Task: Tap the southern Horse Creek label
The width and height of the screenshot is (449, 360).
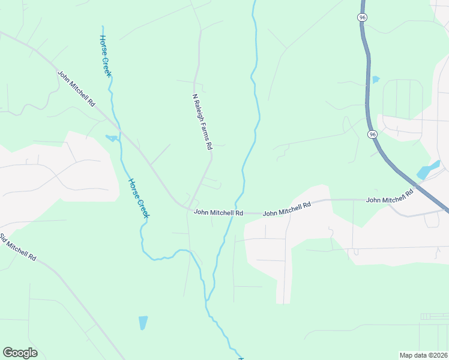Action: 138,197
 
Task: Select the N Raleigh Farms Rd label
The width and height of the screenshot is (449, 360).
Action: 202,121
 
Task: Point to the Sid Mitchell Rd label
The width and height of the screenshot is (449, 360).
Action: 19,246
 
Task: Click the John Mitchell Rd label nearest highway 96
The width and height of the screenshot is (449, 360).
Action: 390,196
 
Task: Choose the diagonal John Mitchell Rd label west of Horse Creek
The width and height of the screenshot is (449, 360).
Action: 76,89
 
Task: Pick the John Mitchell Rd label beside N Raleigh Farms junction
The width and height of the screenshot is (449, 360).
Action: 218,212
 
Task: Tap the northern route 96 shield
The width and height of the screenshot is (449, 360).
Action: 362,18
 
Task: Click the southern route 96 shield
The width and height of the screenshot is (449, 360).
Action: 373,134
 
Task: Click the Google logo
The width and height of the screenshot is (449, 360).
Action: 20,353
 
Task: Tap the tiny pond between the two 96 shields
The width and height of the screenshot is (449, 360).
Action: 376,79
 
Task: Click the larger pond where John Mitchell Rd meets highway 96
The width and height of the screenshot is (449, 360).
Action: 429,169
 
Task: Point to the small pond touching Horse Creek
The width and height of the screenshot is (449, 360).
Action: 112,139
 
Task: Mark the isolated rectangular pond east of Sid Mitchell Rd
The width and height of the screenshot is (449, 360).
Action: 143,323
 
